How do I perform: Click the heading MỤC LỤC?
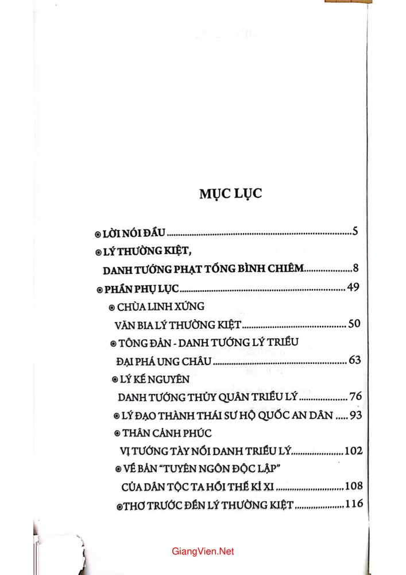tap(230, 193)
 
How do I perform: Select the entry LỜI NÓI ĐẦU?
tap(133, 233)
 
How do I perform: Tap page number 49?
tap(353, 287)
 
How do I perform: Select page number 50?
tap(354, 324)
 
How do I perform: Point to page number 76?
tap(355, 397)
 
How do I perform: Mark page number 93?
tap(355, 415)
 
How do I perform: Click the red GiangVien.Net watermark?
tap(203, 551)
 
